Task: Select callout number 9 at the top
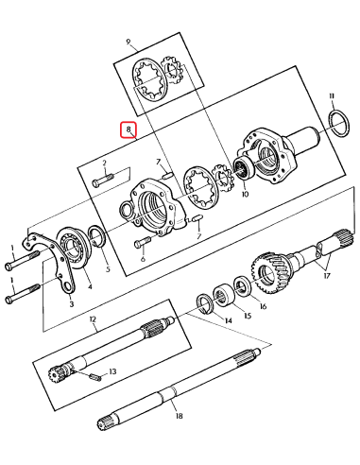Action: (x=130, y=43)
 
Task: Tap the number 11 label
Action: (x=332, y=96)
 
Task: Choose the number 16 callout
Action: (x=263, y=306)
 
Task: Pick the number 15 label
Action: (x=248, y=316)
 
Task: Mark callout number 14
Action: (x=227, y=321)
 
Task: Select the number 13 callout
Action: (x=112, y=371)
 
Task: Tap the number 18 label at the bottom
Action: (x=176, y=414)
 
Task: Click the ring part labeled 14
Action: (x=202, y=303)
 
